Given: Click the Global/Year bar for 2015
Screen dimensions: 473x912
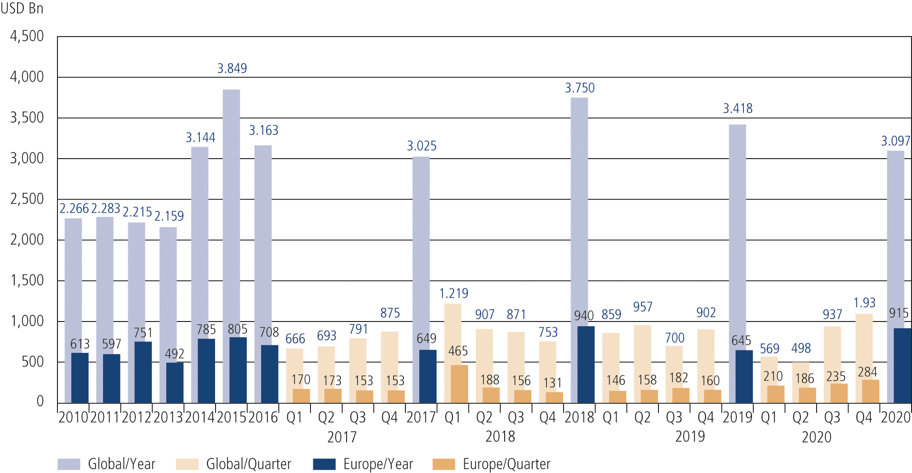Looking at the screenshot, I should (x=231, y=214).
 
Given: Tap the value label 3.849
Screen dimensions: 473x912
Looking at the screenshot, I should (x=232, y=68).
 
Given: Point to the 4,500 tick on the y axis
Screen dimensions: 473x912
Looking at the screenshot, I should (x=27, y=36).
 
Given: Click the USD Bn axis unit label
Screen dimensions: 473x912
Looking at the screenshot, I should (x=22, y=9).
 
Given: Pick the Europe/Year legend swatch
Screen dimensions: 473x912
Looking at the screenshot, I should (x=324, y=464).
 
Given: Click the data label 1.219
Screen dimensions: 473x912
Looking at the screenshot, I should (x=453, y=293).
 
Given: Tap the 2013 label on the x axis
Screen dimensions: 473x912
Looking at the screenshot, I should (x=168, y=417).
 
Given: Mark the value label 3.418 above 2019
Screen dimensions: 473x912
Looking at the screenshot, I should (x=738, y=109).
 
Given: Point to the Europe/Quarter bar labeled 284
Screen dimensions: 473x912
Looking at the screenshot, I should (x=870, y=391).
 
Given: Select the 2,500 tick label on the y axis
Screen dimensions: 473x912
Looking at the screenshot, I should (x=27, y=199).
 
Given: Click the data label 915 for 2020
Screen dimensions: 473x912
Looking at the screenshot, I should (x=899, y=313).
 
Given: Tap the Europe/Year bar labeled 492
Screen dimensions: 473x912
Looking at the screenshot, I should (x=174, y=383).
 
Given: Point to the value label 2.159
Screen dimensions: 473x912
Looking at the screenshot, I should (x=169, y=216).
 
